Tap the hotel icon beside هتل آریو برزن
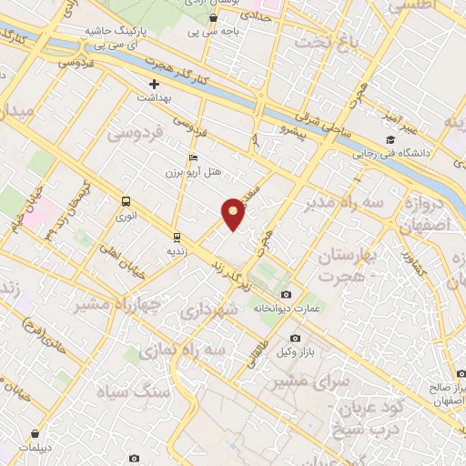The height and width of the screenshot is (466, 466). coord(191,157)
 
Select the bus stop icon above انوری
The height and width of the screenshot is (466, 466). coord(125,202)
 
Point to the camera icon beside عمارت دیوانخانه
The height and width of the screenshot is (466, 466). coord(287,294)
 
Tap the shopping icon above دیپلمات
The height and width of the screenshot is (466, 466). coord(35,433)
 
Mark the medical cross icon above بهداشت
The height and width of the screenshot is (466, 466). coord(155,84)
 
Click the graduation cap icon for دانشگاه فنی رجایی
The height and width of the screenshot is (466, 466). coord(390,139)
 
